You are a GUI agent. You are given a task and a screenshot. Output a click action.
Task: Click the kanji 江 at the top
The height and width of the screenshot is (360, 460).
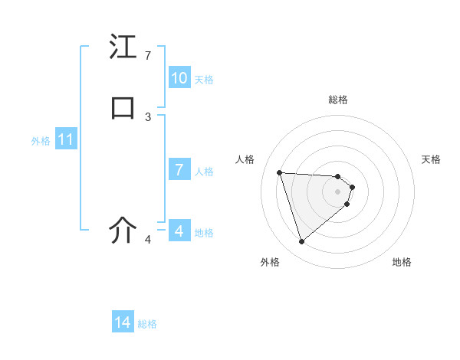pos(123,47)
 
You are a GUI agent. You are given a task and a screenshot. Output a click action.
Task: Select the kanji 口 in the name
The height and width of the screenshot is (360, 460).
pos(123,108)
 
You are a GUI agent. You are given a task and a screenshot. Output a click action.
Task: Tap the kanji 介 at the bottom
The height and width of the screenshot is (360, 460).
pos(123,231)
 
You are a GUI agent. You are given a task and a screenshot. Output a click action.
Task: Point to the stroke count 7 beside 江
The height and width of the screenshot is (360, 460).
pos(148,56)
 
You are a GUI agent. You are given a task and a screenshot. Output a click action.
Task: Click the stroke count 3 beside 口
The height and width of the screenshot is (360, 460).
pos(148,117)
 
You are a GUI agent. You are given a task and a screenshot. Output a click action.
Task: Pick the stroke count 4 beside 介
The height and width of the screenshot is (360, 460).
pos(148,240)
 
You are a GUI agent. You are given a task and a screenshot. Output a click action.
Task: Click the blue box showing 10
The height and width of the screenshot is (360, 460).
pos(179,78)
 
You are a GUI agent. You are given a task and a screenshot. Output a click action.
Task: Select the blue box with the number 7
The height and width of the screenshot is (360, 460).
pos(179,170)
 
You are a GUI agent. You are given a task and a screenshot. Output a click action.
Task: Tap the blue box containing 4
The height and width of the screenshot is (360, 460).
pos(179,231)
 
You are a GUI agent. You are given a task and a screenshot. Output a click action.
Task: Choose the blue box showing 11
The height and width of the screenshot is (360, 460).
pos(66,140)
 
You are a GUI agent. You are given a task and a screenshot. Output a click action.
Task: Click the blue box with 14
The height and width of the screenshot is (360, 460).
pos(123,323)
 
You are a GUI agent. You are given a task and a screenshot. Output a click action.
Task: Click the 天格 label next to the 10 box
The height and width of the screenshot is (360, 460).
pos(204,80)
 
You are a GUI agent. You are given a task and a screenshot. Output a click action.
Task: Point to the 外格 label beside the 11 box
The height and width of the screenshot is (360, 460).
pos(41,141)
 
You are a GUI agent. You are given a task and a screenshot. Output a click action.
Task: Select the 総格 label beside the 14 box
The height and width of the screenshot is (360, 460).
pos(147,324)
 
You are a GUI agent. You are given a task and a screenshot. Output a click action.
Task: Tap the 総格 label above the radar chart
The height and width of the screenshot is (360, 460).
pos(338,100)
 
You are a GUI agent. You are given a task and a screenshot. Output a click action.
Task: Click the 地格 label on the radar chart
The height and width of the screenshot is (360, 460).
pos(402,263)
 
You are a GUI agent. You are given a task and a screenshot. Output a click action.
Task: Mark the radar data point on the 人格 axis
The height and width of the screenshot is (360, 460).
pos(280,172)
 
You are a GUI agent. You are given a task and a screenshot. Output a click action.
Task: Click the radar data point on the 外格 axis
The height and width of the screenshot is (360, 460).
pos(301,242)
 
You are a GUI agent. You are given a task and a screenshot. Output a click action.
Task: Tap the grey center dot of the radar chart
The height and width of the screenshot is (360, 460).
pos(338,191)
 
